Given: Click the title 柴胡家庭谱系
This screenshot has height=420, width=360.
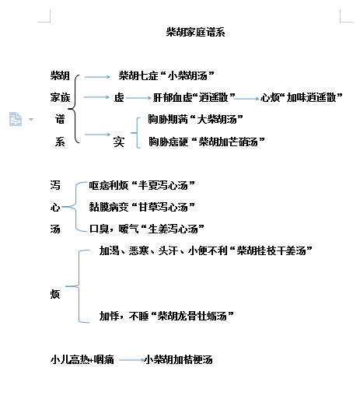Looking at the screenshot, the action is tap(195, 32).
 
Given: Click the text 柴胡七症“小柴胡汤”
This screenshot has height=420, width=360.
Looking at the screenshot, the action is tap(166, 75).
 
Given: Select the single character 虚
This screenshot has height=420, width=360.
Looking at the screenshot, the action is tap(119, 97).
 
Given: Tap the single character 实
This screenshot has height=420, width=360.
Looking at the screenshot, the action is tap(119, 142).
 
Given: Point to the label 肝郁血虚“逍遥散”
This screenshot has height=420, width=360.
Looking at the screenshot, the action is tap(194, 97).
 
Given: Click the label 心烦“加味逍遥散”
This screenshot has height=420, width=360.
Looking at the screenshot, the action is tap(302, 97).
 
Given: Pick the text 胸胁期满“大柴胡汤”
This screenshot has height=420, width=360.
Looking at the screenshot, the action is tap(195, 119).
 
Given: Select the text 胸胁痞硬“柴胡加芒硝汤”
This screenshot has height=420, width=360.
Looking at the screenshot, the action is tap(207, 142).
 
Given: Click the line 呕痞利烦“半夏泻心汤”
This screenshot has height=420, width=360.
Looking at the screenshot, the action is tap(142, 185).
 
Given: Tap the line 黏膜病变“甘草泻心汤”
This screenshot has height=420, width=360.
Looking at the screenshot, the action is tap(142, 207).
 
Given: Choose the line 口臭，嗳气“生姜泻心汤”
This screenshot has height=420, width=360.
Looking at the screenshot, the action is tap(146, 229).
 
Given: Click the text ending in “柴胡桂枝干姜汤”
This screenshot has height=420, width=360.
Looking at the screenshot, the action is tap(206, 250).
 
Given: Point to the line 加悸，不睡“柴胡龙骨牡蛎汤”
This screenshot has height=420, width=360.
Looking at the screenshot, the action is tap(166, 316).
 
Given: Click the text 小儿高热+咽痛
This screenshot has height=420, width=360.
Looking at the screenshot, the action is tap(82, 359).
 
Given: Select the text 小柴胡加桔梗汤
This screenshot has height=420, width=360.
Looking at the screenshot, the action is tap(178, 359).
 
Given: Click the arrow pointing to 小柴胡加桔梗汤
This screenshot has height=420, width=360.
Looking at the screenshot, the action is tap(131, 360).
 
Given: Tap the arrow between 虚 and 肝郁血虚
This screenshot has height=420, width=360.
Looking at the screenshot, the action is tap(138, 98).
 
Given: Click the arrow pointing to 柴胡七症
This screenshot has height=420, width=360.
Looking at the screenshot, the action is tap(97, 77).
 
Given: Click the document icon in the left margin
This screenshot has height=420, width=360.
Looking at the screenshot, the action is tap(16, 119).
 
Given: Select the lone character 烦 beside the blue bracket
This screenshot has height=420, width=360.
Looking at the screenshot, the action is tap(55, 294).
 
